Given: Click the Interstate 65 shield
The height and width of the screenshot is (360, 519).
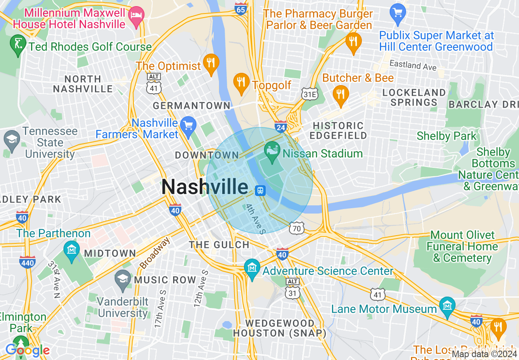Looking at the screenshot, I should coord(241,8).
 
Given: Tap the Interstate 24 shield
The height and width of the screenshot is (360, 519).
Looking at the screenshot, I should coord(281,126).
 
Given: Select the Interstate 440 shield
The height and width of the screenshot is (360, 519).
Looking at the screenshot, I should coord(27,262).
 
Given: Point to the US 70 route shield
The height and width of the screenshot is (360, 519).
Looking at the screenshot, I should coord(296,228).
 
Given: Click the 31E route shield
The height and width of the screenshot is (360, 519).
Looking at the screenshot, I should coord(309,94).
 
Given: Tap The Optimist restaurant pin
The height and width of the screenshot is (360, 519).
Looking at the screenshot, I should coord(211,63).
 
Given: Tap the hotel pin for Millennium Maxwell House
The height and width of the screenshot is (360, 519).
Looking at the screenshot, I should coord(135,16).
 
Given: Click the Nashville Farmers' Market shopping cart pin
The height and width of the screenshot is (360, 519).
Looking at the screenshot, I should coord(188,125).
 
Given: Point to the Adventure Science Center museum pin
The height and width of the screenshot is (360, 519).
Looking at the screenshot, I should coord(252,268).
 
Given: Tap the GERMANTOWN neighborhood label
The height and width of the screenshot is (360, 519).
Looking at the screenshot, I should coord(192,106).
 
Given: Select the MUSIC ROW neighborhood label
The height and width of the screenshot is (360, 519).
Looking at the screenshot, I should coord(165,280).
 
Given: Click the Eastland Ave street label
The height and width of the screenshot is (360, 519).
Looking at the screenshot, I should coord(413,65).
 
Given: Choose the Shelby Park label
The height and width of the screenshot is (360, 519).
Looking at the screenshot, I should coord(447,136).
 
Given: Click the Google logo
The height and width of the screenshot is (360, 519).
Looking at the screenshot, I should coord(27,350).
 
